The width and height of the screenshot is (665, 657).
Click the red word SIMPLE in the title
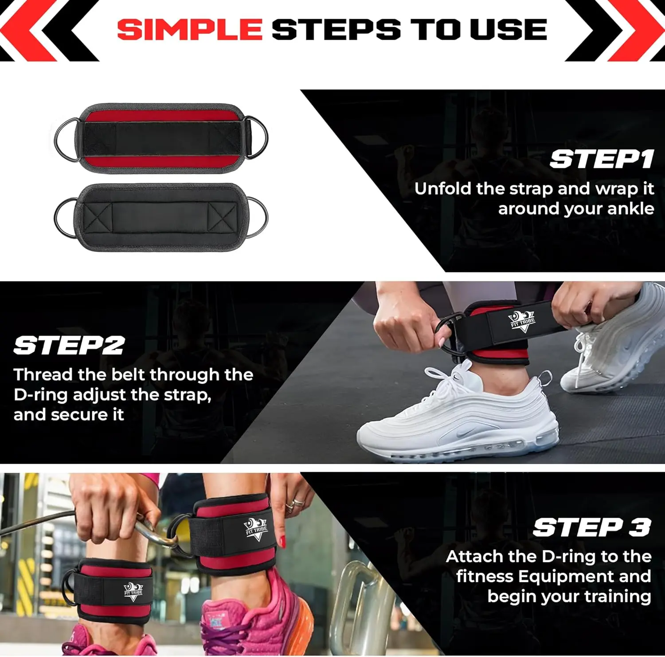click(190, 29)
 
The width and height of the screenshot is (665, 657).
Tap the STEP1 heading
click(602, 159)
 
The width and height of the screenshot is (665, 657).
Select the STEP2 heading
click(69, 345)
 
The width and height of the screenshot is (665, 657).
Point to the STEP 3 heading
click(592, 527)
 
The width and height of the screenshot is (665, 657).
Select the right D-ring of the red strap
click(257, 138)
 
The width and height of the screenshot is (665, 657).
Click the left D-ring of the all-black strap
click(66, 218)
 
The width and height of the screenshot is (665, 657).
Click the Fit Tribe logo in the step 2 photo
click(522, 321)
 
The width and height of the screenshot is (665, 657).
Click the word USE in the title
click(509, 29)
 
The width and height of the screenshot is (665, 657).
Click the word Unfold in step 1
click(443, 189)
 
